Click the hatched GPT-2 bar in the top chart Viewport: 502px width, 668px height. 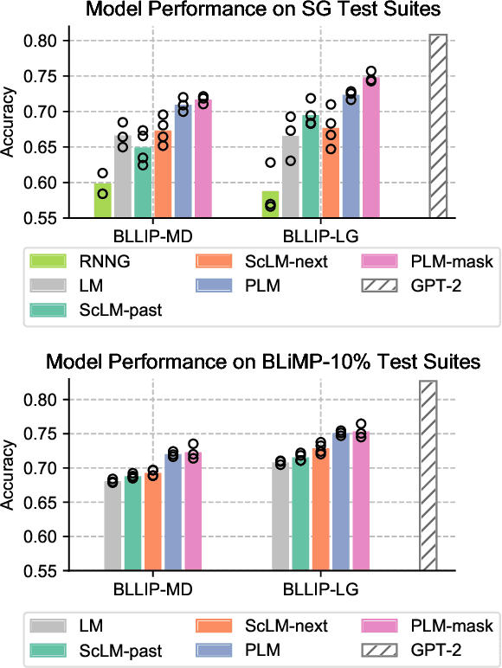438,126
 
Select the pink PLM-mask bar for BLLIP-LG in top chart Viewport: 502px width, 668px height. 371,147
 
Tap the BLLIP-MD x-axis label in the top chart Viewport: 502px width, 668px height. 152,234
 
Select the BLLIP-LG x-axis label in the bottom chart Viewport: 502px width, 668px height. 321,589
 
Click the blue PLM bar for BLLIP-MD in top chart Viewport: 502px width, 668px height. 183,161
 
